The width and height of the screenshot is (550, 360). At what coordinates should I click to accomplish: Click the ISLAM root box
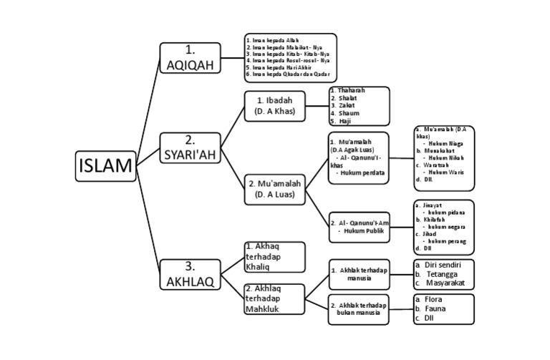point(105,167)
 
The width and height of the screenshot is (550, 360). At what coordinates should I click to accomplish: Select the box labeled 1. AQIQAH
point(190,59)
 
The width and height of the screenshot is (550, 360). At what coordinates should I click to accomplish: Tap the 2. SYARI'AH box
point(190,147)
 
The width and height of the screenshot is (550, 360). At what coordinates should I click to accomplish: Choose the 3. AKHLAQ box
point(190,274)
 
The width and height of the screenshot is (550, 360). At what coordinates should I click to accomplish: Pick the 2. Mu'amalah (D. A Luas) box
point(274,188)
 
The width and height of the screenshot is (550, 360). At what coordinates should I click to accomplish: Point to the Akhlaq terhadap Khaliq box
point(275,256)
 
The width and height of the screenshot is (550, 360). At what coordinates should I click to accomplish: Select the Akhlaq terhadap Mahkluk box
point(275,298)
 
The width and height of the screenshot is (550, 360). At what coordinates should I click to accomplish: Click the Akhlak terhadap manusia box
point(360,273)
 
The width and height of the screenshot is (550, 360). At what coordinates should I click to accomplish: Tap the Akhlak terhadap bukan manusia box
point(360,308)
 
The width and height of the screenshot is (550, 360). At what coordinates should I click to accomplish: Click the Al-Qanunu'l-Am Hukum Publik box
point(360,227)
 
